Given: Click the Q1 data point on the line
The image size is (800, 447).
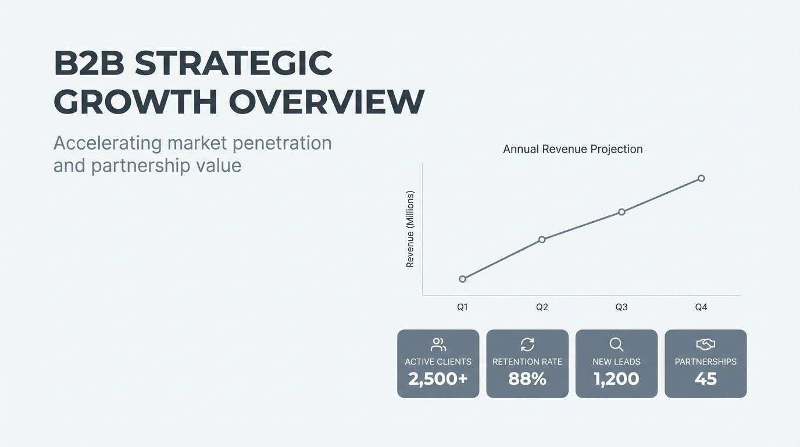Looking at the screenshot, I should point(462,279).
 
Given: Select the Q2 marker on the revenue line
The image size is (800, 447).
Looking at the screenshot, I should point(542,239).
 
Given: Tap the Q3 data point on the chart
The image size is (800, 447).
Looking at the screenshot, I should point(622,212).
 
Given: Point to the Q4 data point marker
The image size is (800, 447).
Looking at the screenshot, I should point(701,178).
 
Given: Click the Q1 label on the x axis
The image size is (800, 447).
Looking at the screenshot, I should point(462,307).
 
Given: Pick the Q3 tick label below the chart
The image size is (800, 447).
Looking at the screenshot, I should point(622,307).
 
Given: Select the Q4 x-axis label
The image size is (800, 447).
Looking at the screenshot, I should point(701,307).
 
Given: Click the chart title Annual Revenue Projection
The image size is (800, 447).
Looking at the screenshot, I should point(573,149).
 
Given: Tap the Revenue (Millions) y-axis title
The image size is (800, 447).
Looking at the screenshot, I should point(410,229).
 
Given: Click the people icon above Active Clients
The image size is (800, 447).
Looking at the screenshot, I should point(438,345).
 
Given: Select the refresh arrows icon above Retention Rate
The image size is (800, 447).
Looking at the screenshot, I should point(527,345).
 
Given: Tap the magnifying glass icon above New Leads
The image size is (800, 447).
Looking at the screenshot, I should point(616,345).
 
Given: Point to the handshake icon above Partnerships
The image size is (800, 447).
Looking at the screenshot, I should point(705,345).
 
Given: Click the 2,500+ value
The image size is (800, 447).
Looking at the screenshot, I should point(438,379).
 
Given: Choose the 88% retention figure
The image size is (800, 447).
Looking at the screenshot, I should point(527,379).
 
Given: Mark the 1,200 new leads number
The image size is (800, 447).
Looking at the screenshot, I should point(616,379).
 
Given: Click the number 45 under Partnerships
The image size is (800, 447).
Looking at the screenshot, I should point(705,379).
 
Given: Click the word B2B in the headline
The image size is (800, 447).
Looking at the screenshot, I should point(89,63).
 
